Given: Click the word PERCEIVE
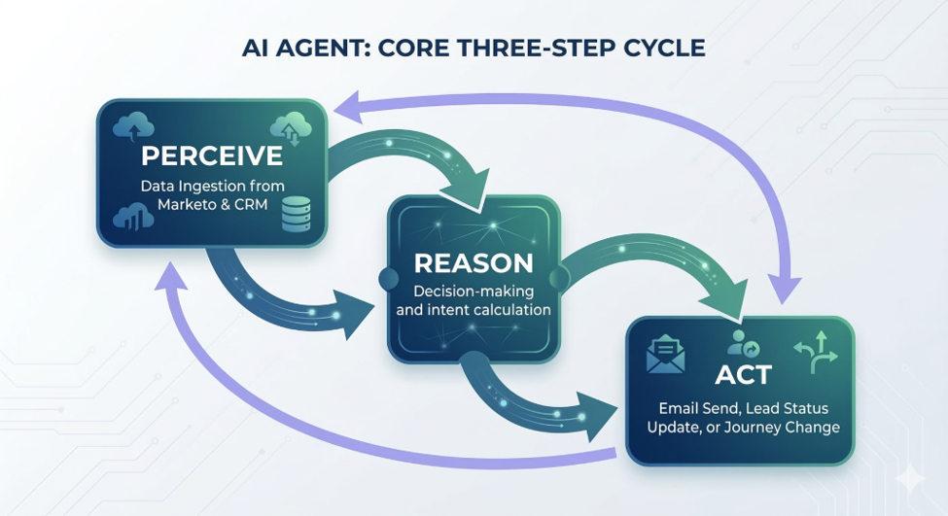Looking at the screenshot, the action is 212,155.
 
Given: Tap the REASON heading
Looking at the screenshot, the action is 474,263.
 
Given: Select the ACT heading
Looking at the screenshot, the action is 743,375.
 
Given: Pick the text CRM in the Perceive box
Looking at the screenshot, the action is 250,204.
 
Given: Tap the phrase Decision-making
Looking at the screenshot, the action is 474,292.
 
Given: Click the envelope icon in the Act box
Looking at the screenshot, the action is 666,354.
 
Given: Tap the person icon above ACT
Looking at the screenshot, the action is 743,343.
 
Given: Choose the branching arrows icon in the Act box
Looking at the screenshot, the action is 816,352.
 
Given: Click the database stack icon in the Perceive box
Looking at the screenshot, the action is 297,214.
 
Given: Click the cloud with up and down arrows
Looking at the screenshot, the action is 291,128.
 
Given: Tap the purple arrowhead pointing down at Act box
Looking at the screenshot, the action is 785,289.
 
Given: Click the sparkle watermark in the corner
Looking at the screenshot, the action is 910,478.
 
